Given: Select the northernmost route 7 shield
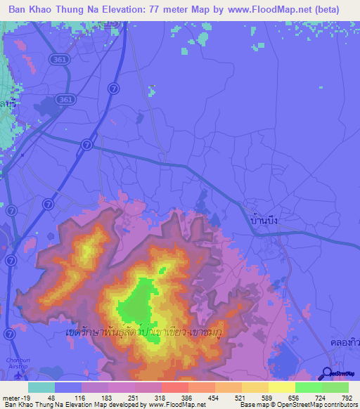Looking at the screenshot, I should [x=112, y=88].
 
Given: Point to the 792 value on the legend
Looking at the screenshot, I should [x=345, y=398].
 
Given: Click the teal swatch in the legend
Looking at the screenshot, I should [x=41, y=387].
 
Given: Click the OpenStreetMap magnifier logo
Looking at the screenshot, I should [x=327, y=374].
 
